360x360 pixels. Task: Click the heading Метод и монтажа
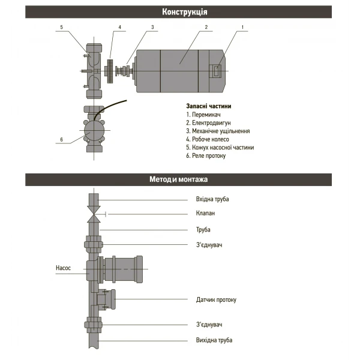point(180,179)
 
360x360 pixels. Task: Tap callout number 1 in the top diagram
point(243,27)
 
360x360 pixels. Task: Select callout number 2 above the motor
point(206,27)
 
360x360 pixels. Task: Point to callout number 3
point(152,27)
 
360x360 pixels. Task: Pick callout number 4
point(119,27)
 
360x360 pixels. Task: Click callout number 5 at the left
point(62,27)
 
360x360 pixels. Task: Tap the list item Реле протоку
point(206,155)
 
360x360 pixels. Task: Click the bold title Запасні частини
point(208,106)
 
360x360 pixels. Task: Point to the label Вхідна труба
point(212,199)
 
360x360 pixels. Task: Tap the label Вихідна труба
point(214,340)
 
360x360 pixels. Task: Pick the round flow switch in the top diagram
point(93,130)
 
